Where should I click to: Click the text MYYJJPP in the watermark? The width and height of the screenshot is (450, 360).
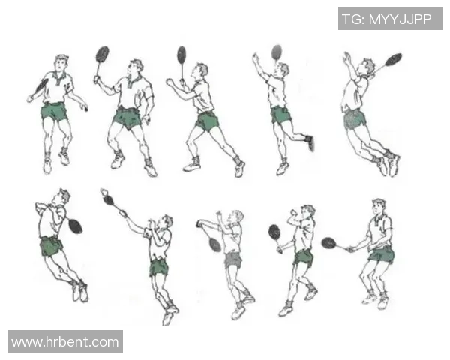coord(400,19)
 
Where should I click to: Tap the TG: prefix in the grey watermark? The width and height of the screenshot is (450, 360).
coord(353,19)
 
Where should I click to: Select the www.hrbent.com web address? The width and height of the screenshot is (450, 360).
coord(65,342)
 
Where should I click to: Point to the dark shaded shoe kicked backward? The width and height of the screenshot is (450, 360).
coord(310,142)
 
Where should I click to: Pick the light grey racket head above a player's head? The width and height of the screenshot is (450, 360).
coord(277,52)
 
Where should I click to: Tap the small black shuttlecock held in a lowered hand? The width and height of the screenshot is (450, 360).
coord(85,109)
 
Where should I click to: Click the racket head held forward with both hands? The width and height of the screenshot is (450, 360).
coord(328,243)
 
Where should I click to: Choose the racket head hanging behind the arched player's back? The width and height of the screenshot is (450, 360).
coord(76,226)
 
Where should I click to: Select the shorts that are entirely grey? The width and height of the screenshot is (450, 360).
coord(233,259)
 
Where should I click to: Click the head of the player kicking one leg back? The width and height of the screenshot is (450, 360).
coord(283,70)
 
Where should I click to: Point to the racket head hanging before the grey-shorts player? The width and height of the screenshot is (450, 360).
coord(215,244)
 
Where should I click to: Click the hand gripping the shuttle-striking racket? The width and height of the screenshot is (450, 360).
coord(124,213)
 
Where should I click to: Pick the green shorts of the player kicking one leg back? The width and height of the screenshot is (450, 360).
coord(280,115)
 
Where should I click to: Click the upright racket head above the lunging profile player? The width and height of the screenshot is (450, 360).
coord(181,55)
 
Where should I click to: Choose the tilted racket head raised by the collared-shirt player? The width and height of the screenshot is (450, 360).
coord(102,54)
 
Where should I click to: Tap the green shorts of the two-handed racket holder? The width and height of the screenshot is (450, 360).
coord(382,254)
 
